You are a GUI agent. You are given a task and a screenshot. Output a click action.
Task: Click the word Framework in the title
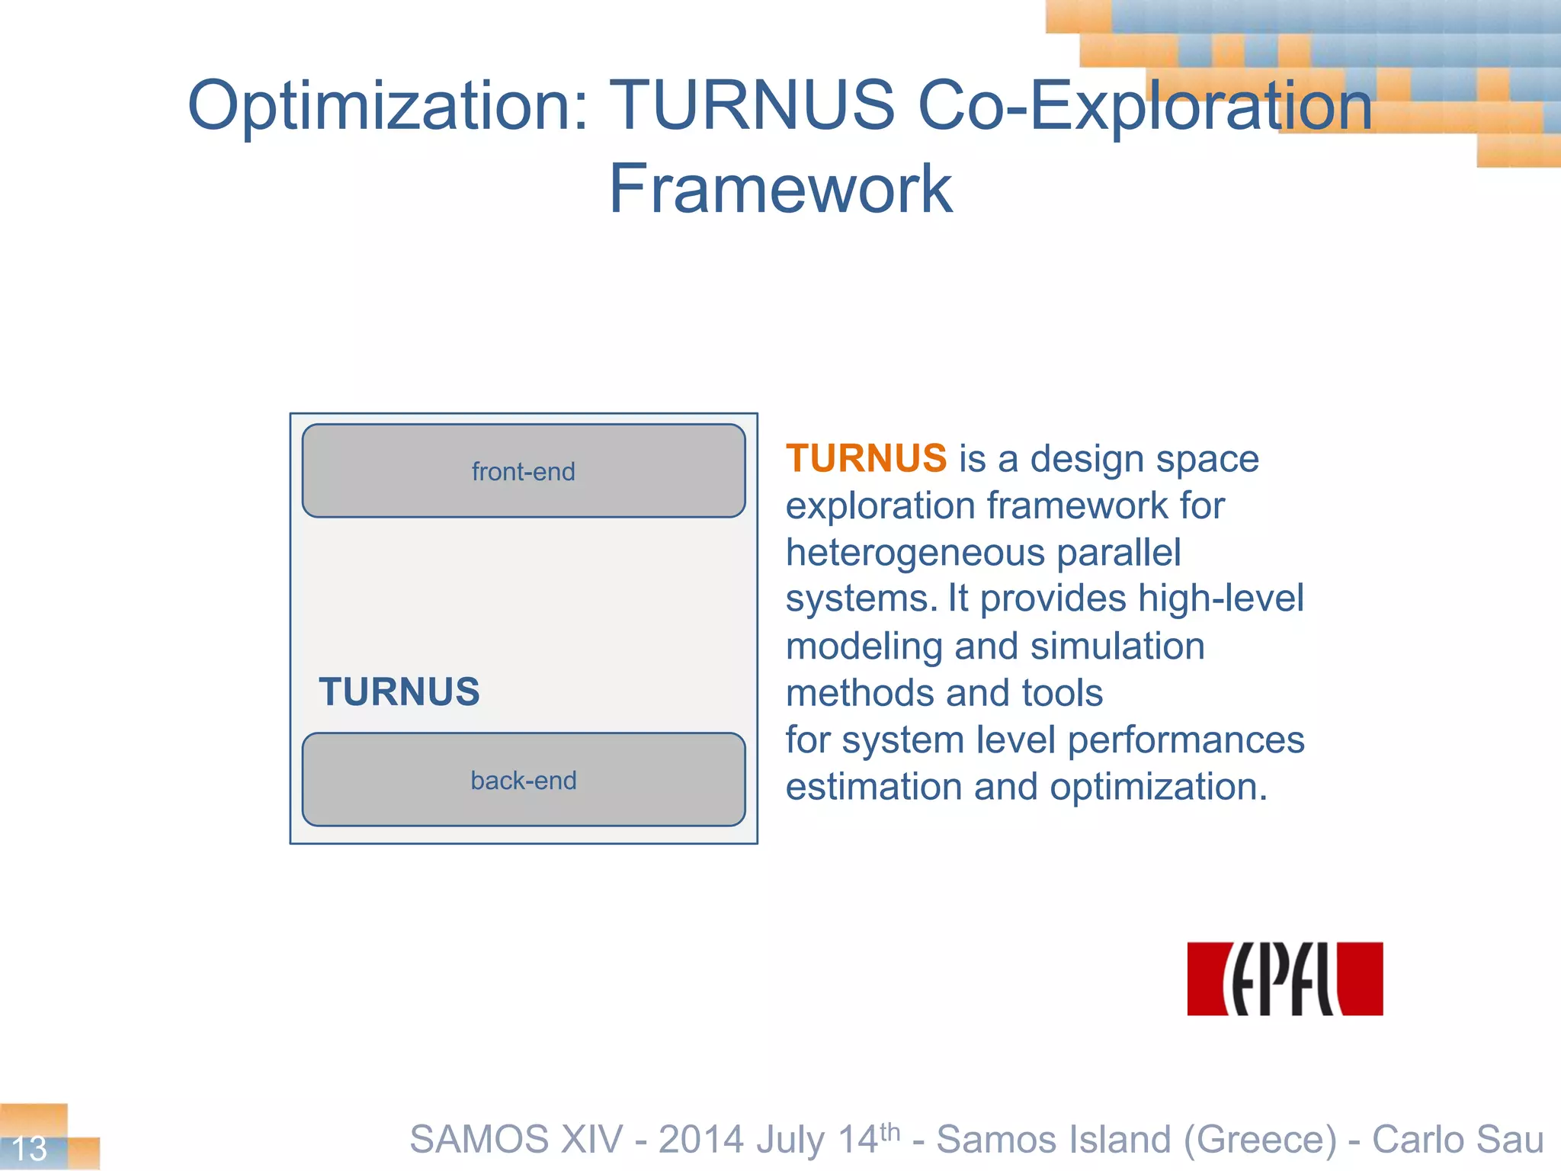point(780,189)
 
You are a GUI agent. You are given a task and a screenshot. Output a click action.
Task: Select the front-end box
point(524,471)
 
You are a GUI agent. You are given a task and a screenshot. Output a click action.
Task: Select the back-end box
point(524,780)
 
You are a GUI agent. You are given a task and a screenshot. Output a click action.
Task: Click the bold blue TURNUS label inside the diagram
point(399,691)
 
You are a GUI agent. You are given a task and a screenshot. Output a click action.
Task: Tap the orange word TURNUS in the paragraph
point(866,459)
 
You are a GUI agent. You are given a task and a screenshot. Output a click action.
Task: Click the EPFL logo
point(1284,979)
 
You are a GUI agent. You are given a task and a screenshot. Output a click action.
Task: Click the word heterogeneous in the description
point(915,553)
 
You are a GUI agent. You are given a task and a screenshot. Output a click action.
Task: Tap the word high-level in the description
point(1220,598)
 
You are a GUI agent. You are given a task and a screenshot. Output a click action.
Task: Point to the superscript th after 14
point(890,1132)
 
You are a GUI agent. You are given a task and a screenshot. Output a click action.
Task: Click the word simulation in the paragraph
point(1117,646)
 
